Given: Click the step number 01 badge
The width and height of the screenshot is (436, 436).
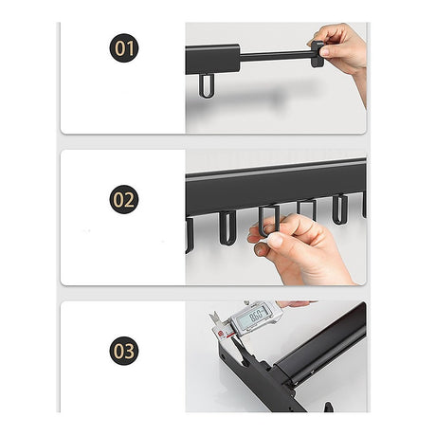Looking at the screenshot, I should [x=123, y=47].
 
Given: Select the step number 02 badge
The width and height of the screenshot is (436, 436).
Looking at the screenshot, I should [x=123, y=199].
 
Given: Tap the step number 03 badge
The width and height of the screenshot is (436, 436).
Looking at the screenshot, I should [x=123, y=352].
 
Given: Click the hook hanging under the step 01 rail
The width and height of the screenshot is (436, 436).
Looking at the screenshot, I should [x=208, y=85].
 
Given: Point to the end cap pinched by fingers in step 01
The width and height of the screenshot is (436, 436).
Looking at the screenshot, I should [x=315, y=53].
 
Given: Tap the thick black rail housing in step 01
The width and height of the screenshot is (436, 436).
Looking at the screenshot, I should [x=212, y=59].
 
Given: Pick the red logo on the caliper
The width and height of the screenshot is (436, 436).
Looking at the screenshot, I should [x=220, y=331].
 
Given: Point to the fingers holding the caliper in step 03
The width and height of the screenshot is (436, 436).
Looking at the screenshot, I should [x=296, y=304].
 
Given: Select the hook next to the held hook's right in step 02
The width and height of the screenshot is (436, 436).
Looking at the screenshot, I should [x=306, y=208].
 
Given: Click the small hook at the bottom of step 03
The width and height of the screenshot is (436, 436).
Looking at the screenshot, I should [x=327, y=407].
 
